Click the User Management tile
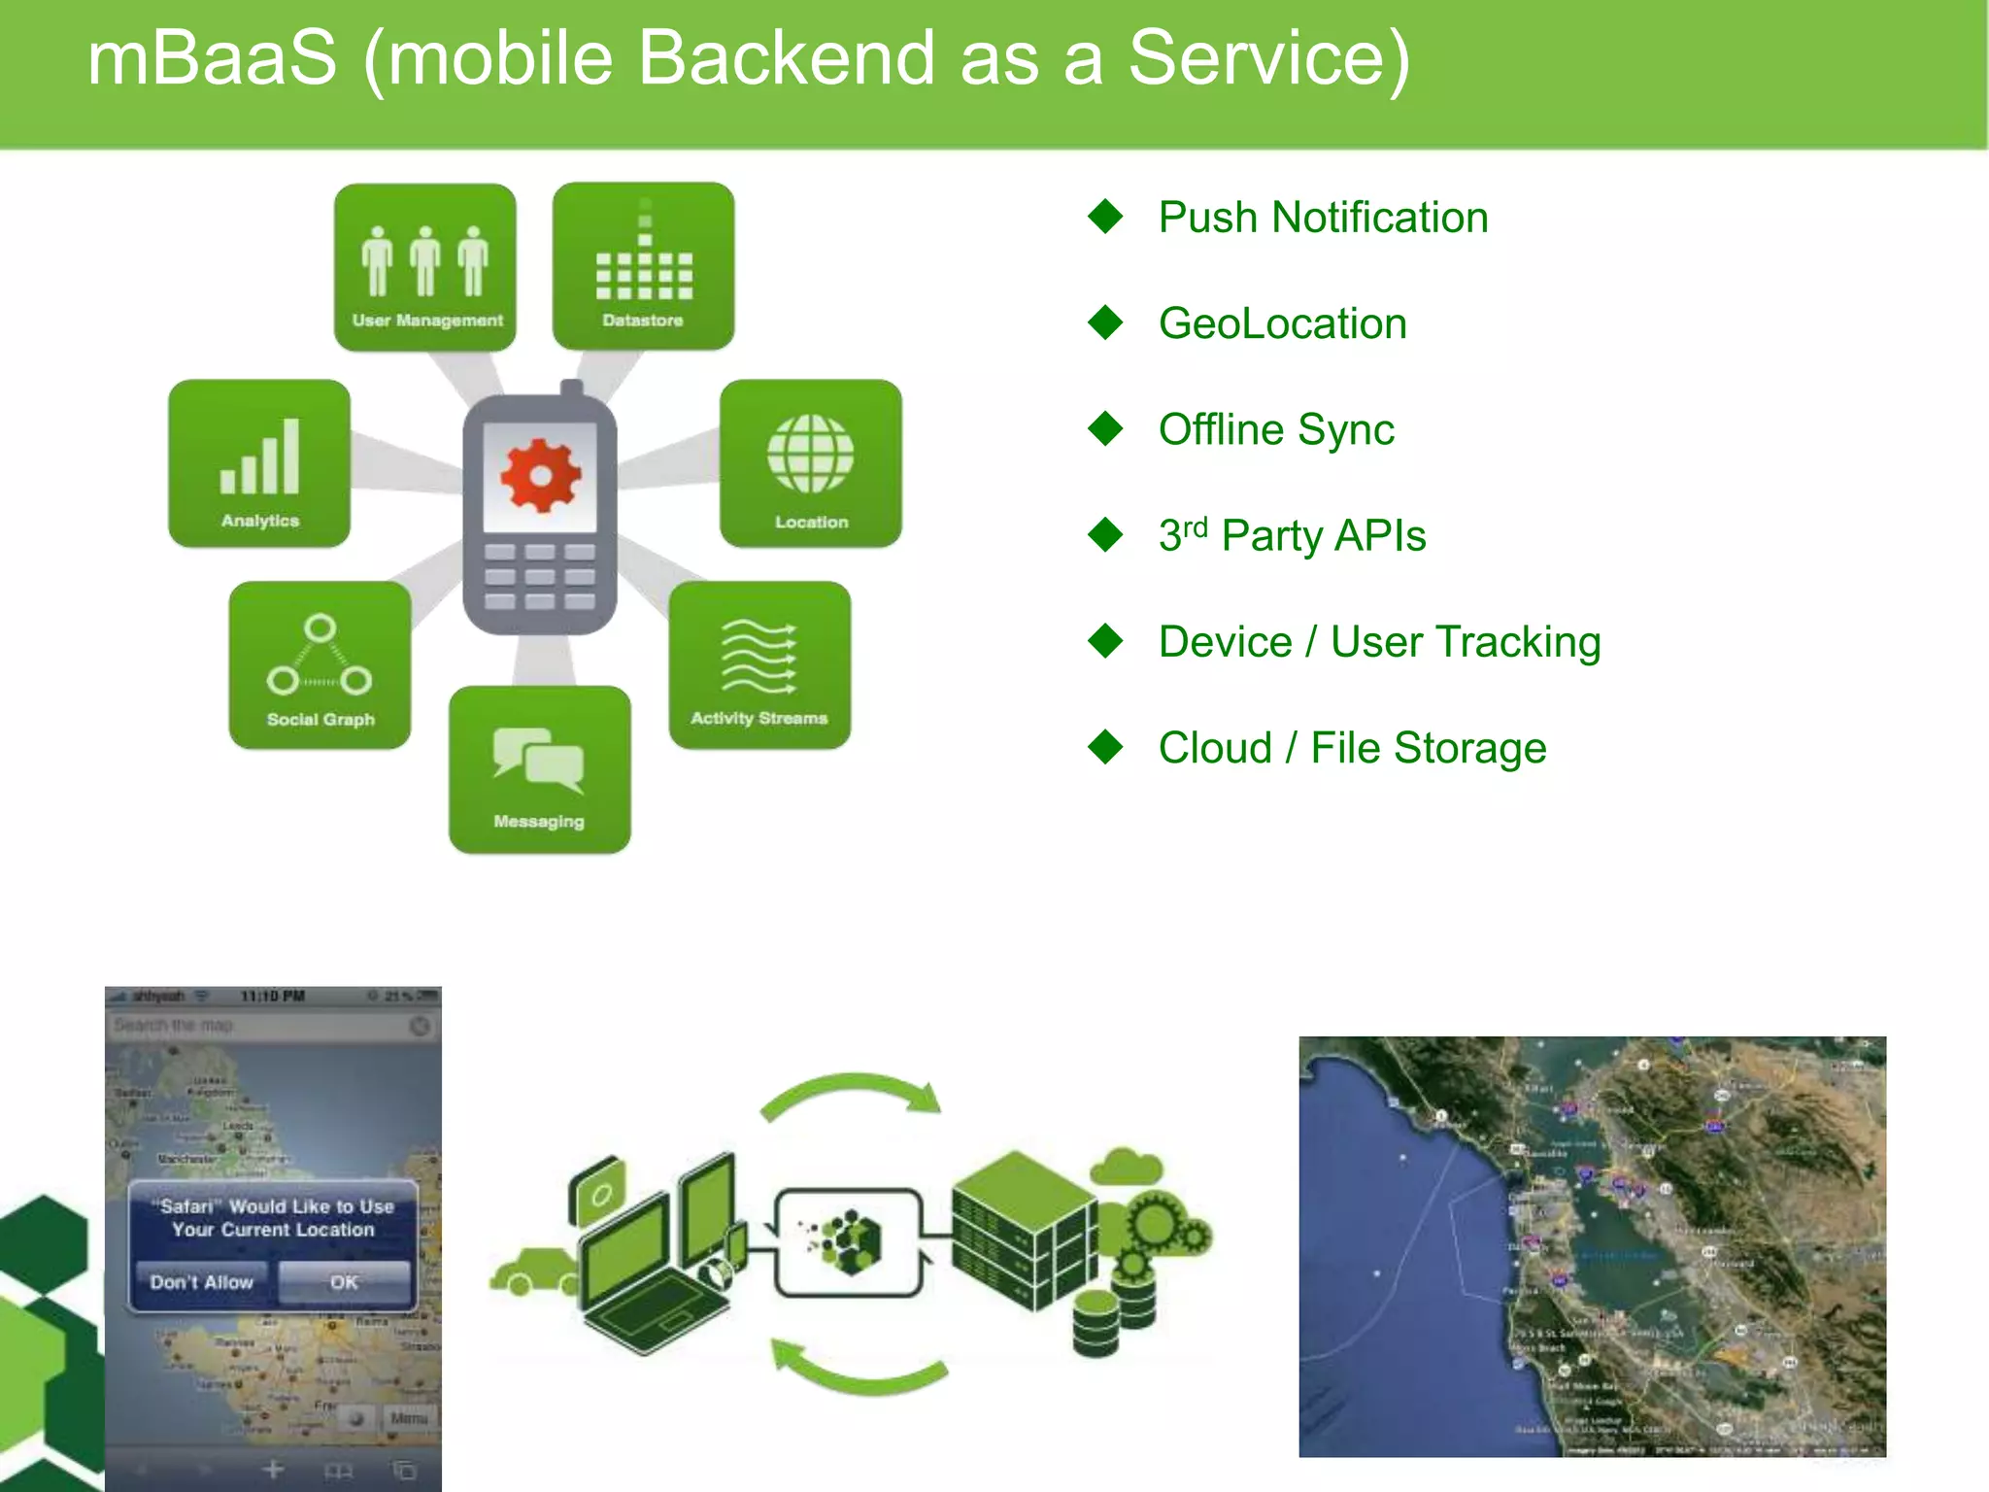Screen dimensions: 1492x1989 click(424, 267)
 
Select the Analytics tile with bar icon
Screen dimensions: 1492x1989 click(259, 463)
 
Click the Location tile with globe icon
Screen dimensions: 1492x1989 click(811, 463)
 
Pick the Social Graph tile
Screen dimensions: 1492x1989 click(320, 665)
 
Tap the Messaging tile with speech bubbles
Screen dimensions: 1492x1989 click(540, 770)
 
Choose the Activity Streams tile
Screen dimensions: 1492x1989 click(759, 665)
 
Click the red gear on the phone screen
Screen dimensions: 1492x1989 click(540, 475)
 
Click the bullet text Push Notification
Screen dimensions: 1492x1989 click(1323, 218)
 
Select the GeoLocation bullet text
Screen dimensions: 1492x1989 click(1282, 323)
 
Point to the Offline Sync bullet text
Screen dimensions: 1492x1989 click(1276, 429)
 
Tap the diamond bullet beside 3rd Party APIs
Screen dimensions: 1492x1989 click(1105, 535)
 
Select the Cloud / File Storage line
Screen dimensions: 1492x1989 click(1352, 748)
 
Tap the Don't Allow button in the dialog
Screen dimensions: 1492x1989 click(202, 1282)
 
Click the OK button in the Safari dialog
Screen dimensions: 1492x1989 click(344, 1282)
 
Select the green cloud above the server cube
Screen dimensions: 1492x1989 click(1127, 1166)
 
